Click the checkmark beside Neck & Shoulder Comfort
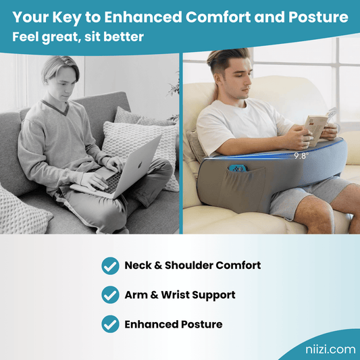coord(110,265)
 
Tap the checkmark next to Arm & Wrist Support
coord(110,294)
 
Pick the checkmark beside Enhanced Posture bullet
coord(110,324)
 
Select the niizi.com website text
coord(326,349)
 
